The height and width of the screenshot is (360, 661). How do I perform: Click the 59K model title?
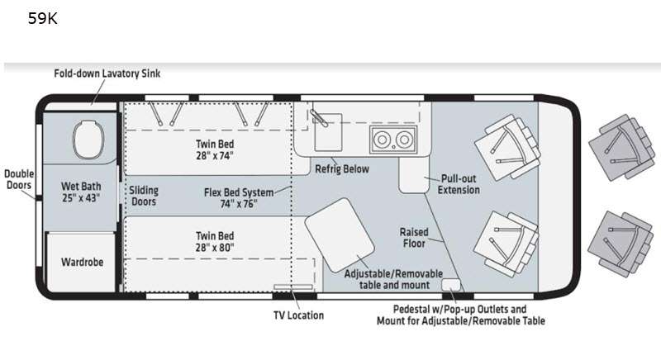pyautogui.click(x=43, y=18)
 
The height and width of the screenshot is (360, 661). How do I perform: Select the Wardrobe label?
pyautogui.click(x=82, y=262)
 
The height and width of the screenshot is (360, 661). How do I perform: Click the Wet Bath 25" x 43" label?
pyautogui.click(x=81, y=192)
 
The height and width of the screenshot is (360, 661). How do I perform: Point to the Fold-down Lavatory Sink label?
pyautogui.click(x=107, y=73)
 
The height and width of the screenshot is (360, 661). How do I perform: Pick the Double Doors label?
pyautogui.click(x=18, y=179)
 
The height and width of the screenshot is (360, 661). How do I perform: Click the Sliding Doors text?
pyautogui.click(x=144, y=196)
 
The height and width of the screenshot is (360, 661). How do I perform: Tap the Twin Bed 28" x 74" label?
pyautogui.click(x=215, y=149)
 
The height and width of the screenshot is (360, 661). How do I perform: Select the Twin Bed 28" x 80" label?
pyautogui.click(x=215, y=242)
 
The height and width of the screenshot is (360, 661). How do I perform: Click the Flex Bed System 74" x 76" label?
pyautogui.click(x=239, y=198)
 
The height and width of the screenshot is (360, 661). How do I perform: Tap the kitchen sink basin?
pyautogui.click(x=328, y=132)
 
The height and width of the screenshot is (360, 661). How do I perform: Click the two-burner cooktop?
pyautogui.click(x=393, y=140)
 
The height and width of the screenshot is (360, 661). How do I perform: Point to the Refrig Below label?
pyautogui.click(x=342, y=168)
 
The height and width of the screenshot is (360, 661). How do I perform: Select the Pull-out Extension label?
pyautogui.click(x=459, y=184)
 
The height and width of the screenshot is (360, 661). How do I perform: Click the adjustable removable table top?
pyautogui.click(x=340, y=235)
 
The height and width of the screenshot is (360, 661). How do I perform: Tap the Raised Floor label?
pyautogui.click(x=414, y=238)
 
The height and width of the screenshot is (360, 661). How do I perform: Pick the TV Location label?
pyautogui.click(x=298, y=315)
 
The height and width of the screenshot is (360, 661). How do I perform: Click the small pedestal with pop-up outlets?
pyautogui.click(x=451, y=285)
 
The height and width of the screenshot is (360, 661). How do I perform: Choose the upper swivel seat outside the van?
pyautogui.click(x=622, y=147)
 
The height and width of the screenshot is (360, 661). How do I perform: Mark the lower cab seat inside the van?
pyautogui.click(x=506, y=244)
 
